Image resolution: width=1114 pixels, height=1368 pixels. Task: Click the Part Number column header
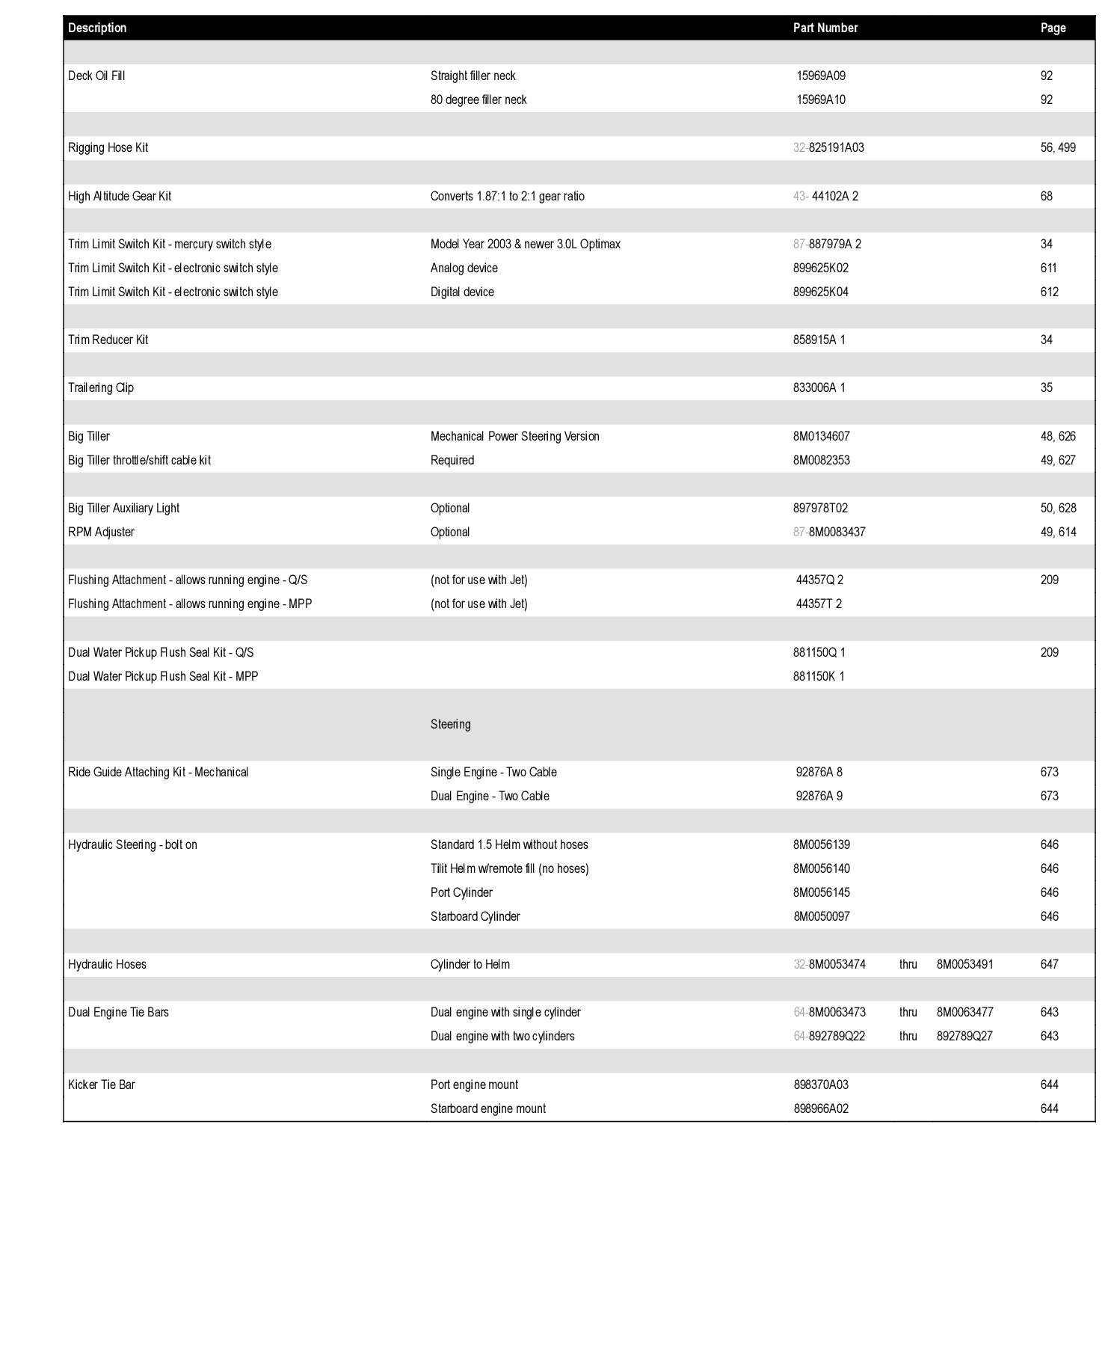825,28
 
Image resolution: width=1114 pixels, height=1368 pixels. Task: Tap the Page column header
1053,28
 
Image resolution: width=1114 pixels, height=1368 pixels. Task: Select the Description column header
97,28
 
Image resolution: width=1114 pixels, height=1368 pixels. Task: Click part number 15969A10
820,99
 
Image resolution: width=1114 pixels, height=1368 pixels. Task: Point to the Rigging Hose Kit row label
108,147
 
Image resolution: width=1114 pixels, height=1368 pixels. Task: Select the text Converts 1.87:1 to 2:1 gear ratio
507,196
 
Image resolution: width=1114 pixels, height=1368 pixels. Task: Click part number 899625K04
820,292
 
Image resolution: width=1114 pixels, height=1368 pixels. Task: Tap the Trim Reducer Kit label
108,340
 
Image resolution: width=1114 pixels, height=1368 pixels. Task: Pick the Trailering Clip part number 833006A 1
819,387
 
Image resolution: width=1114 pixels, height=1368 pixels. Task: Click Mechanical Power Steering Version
514,436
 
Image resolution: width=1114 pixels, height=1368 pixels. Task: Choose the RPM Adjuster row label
101,532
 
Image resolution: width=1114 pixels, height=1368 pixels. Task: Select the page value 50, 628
1058,508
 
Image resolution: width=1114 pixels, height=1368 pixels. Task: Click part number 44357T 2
819,604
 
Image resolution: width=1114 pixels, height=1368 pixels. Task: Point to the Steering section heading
450,724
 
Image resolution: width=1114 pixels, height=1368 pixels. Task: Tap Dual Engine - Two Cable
489,796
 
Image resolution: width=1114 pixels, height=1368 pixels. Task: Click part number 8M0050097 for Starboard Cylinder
821,916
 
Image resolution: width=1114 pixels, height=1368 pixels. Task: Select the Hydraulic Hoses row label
107,964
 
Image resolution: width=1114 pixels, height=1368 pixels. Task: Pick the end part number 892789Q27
964,1036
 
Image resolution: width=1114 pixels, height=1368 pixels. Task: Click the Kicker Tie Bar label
101,1085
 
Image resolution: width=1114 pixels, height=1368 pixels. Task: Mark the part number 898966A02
820,1108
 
